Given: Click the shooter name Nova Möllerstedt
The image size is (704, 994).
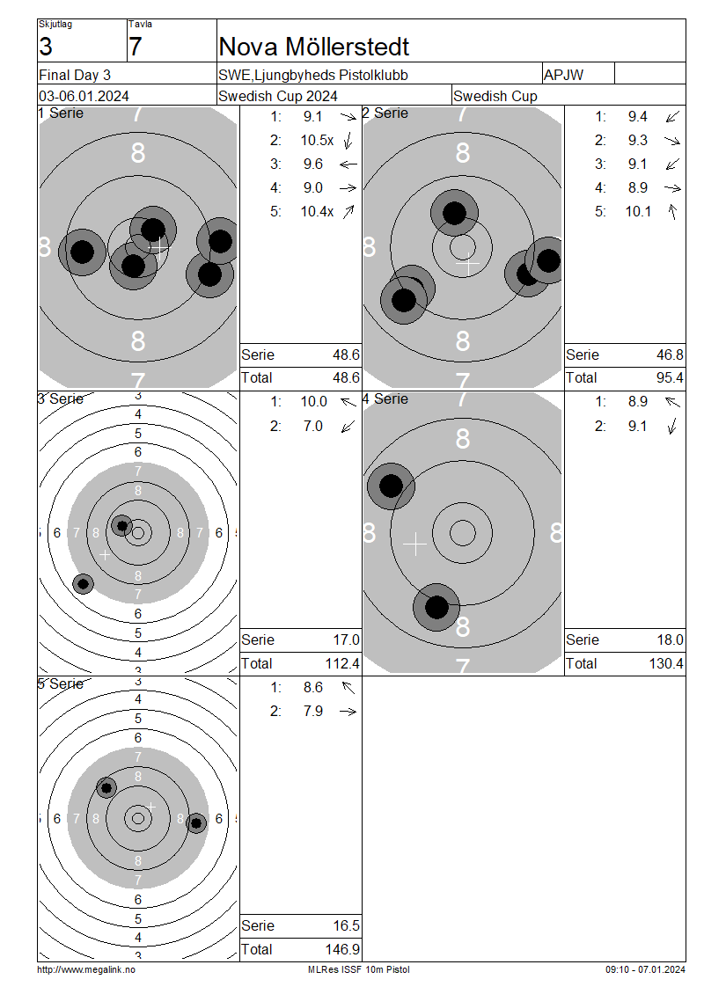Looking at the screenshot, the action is [314, 47].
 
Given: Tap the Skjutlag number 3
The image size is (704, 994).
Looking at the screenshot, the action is [46, 47].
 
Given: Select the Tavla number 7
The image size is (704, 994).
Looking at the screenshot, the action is [136, 47].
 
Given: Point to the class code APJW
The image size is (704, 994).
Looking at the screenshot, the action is [563, 75].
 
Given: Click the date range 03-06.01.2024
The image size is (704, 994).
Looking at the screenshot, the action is [84, 97].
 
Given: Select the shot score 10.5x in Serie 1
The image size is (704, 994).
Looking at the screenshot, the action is [317, 140].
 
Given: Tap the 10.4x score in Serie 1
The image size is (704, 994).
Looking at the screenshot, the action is [317, 212].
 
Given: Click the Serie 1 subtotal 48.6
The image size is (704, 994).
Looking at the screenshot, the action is [347, 355].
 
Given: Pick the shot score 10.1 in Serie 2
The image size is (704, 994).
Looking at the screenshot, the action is [638, 212].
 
